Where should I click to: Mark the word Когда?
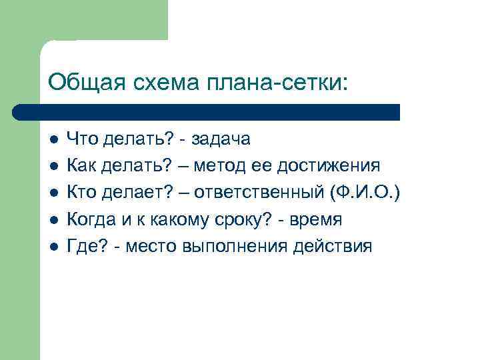tap(91, 220)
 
